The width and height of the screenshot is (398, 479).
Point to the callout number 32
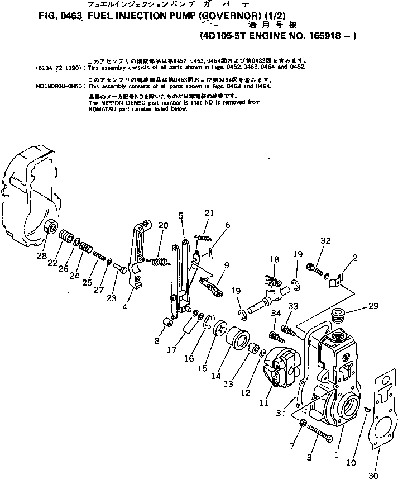[325, 241]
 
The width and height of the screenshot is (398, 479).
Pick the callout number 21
[209, 213]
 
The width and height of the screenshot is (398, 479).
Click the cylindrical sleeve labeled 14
[237, 342]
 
